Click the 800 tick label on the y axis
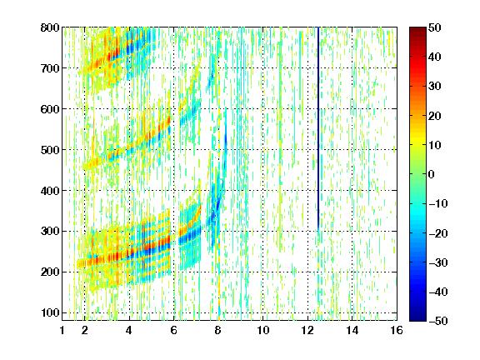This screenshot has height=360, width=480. click(x=50, y=27)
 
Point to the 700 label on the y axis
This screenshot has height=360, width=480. click(x=50, y=68)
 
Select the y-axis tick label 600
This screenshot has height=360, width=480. click(x=50, y=109)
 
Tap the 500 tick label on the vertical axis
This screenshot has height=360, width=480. click(x=50, y=150)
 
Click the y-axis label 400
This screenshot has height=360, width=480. click(x=50, y=191)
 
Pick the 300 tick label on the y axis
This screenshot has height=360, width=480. click(x=50, y=232)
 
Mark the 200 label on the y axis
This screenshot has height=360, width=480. click(x=50, y=272)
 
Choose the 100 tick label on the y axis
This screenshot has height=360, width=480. click(x=50, y=312)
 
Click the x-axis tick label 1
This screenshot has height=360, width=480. click(x=62, y=331)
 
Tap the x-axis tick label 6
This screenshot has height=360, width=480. click(x=174, y=331)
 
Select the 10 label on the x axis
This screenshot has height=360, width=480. click(x=263, y=331)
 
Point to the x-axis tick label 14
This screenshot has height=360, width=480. click(x=352, y=331)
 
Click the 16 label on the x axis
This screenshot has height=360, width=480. click(x=397, y=331)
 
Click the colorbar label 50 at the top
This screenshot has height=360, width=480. click(x=434, y=27)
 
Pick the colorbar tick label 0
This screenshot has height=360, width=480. click(x=432, y=174)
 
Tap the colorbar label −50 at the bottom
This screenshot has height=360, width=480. click(x=438, y=321)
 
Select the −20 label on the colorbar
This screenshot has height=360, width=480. click(x=438, y=233)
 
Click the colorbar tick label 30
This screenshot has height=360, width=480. click(x=434, y=87)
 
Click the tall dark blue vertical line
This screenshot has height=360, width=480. click(x=318, y=128)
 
